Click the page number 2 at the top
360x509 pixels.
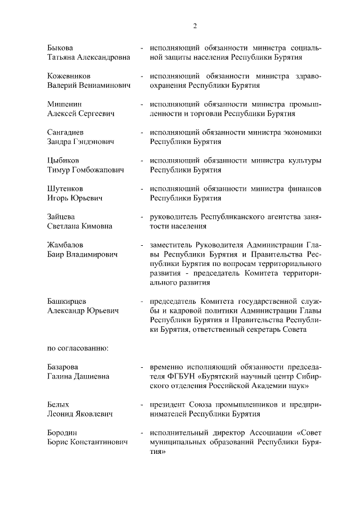[x=195, y=26]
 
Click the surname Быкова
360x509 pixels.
[x=60, y=47]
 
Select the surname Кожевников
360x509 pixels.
[x=69, y=76]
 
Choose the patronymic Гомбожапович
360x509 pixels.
[x=99, y=170]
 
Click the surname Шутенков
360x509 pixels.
[x=66, y=188]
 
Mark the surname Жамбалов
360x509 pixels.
[x=66, y=245]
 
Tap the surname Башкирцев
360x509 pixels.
[x=70, y=301]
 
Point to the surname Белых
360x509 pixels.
[x=58, y=404]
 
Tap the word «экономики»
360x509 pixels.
[x=302, y=132]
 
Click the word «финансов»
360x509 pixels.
[x=303, y=188]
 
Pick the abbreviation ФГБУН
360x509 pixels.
[x=181, y=376]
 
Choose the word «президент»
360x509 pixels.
[x=168, y=404]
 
